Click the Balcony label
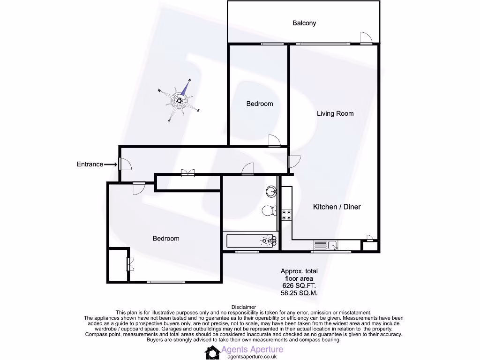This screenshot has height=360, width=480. [304, 23]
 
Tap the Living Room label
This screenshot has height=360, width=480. [335, 113]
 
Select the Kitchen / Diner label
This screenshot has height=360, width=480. [337, 207]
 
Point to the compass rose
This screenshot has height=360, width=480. [180, 100]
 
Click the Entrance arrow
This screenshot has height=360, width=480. [111, 164]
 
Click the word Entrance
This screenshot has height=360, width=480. [90, 164]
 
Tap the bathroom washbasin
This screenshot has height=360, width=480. [271, 191]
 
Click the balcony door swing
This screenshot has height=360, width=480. [366, 38]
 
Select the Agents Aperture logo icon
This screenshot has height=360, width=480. [212, 352]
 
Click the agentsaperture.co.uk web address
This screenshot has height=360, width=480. [251, 357]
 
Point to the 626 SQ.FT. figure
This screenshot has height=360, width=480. [299, 285]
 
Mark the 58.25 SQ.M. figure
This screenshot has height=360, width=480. [299, 293]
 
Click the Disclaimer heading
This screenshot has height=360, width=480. [244, 307]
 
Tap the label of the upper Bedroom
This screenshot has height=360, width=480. [260, 104]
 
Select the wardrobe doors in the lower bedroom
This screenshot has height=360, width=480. [129, 265]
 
